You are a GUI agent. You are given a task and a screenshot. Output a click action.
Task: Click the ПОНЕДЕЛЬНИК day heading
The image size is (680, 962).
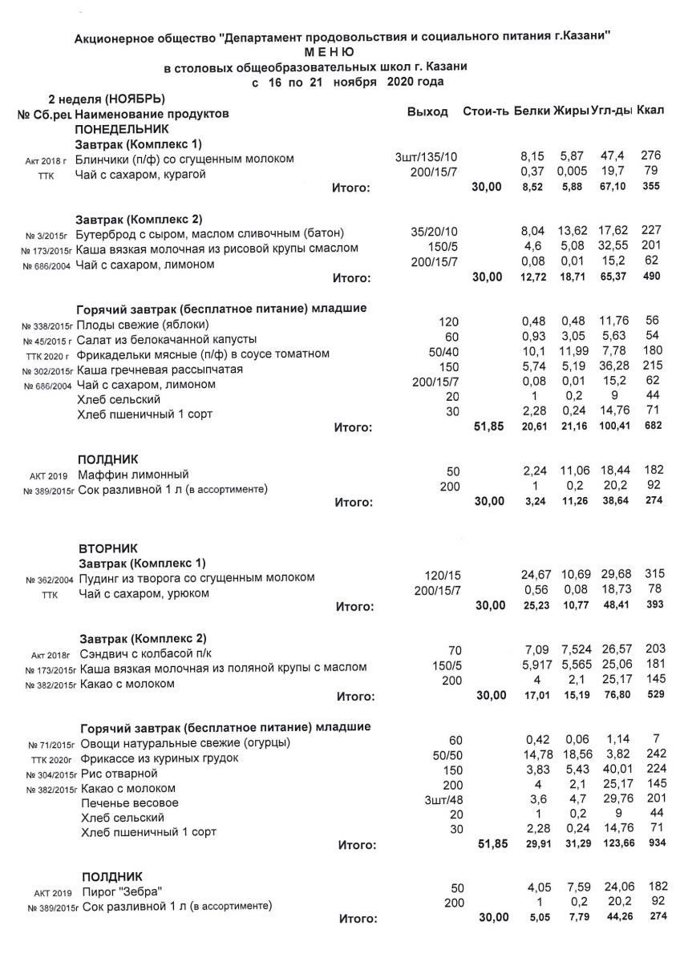click(x=122, y=128)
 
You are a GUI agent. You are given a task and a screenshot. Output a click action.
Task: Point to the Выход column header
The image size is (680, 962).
click(x=427, y=111)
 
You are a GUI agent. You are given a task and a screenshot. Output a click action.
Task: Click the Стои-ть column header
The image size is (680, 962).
click(x=485, y=111)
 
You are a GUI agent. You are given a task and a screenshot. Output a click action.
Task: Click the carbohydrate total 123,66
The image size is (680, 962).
click(x=611, y=845)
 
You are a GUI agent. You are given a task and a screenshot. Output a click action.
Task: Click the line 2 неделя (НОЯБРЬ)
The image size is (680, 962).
click(x=107, y=99)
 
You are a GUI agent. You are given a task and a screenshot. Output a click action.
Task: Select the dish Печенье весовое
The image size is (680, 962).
click(x=130, y=803)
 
